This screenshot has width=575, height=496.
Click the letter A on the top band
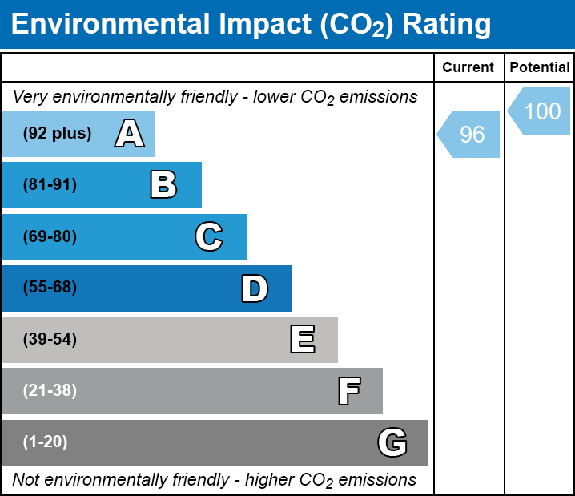pyautogui.click(x=129, y=134)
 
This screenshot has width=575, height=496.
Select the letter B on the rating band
pyautogui.click(x=163, y=185)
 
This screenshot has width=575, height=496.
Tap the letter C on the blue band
pyautogui.click(x=208, y=236)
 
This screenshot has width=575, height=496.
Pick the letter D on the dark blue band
pyautogui.click(x=255, y=288)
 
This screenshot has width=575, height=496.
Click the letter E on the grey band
pyautogui.click(x=302, y=340)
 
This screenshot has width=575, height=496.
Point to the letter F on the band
pyautogui.click(x=348, y=391)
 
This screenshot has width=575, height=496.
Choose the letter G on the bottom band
pyautogui.click(x=392, y=442)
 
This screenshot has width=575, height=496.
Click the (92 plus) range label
pyautogui.click(x=57, y=134)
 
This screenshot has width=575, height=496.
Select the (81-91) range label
pyautogui.click(x=50, y=185)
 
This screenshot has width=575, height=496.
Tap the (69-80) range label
pyautogui.click(x=50, y=236)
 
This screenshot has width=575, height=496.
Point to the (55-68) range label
pyautogui.click(x=50, y=288)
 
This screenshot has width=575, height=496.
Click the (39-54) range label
pyautogui.click(x=50, y=340)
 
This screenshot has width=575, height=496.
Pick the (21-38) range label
pyautogui.click(x=50, y=391)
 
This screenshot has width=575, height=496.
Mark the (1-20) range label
pyautogui.click(x=46, y=442)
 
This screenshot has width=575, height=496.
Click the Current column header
pyautogui.click(x=468, y=68)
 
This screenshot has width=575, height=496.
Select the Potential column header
pyautogui.click(x=540, y=68)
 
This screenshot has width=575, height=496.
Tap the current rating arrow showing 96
pyautogui.click(x=470, y=135)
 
